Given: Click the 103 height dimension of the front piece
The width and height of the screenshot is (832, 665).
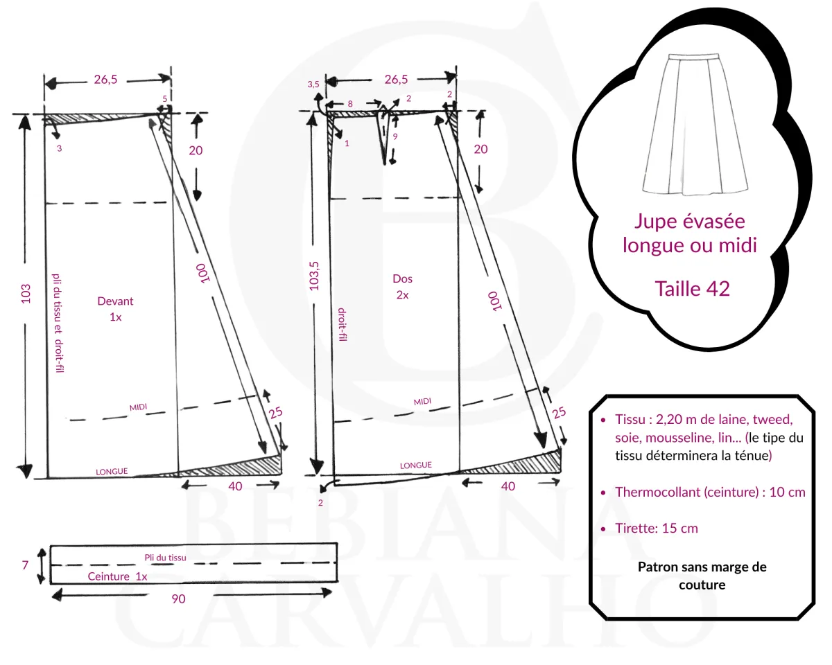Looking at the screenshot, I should [26, 294].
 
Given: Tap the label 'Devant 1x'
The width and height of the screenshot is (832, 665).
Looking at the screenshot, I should [115, 308].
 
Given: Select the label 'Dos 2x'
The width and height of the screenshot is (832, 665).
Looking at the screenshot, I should [402, 286].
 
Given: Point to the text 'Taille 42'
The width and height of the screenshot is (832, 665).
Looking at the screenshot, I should [692, 288].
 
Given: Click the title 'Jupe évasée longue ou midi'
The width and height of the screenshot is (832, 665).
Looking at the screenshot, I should [689, 233].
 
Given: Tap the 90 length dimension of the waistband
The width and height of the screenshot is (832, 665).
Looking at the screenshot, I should [178, 598].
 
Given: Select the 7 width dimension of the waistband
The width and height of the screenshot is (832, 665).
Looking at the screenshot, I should [24, 565].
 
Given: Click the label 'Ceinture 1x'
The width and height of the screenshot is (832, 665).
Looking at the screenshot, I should [117, 576].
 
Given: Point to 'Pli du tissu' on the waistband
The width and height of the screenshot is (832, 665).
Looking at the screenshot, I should [165, 557].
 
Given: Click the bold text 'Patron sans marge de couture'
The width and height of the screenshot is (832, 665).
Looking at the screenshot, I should [702, 576].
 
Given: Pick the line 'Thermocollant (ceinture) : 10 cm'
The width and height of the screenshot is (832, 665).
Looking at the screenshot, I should [710, 492].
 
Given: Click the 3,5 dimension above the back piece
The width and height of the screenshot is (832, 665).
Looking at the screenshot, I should [313, 84].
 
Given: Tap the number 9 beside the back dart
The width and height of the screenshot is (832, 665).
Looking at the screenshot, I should [395, 136].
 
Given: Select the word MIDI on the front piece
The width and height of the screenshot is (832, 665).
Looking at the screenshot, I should [139, 407].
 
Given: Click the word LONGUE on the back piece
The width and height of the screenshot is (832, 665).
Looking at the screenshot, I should [416, 465].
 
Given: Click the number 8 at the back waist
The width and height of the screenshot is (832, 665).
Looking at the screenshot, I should [349, 103].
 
